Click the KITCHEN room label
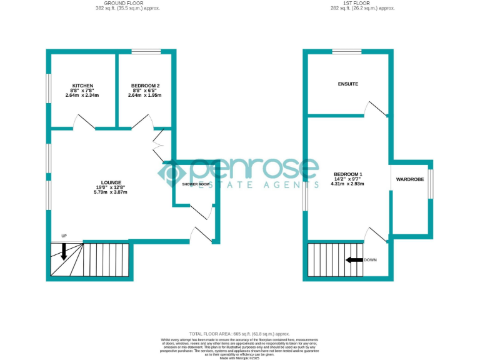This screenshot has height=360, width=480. pyautogui.click(x=82, y=86)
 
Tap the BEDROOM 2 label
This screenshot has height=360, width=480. pyautogui.click(x=145, y=86)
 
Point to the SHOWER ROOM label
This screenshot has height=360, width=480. pyautogui.click(x=194, y=184)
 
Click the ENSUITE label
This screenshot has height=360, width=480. pyautogui.click(x=348, y=84)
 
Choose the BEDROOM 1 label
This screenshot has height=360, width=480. pyautogui.click(x=348, y=174)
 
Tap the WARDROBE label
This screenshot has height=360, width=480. pyautogui.click(x=410, y=179)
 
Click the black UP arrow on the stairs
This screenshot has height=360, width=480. pyautogui.click(x=64, y=250)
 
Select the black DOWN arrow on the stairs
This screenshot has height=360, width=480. pyautogui.click(x=354, y=260)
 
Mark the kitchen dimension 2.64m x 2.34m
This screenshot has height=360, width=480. pyautogui.click(x=82, y=95)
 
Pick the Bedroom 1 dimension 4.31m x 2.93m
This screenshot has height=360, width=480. pyautogui.click(x=348, y=184)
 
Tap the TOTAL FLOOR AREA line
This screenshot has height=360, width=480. pyautogui.click(x=239, y=334)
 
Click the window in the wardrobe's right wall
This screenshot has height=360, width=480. pyautogui.click(x=430, y=180)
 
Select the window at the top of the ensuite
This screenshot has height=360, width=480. pyautogui.click(x=347, y=51)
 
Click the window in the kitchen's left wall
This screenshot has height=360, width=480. pyautogui.click(x=49, y=87)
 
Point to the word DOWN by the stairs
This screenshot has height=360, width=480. pyautogui.click(x=370, y=260)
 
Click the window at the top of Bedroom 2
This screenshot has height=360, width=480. pyautogui.click(x=146, y=51)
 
